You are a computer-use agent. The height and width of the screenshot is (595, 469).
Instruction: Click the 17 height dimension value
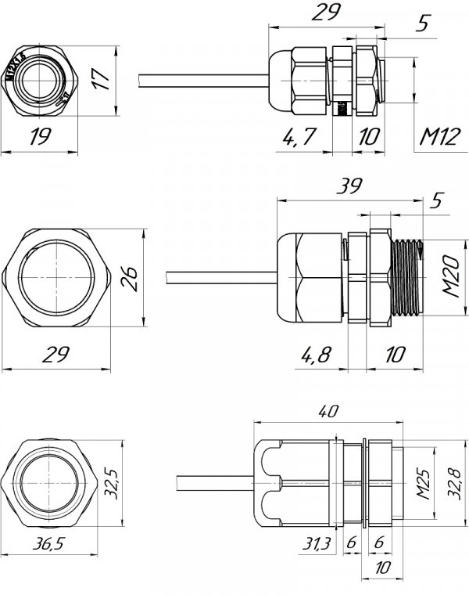pos(100,80)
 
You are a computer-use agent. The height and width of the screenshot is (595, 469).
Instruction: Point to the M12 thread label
pos(439,137)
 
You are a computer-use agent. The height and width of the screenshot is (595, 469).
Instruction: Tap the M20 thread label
pos(449,276)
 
